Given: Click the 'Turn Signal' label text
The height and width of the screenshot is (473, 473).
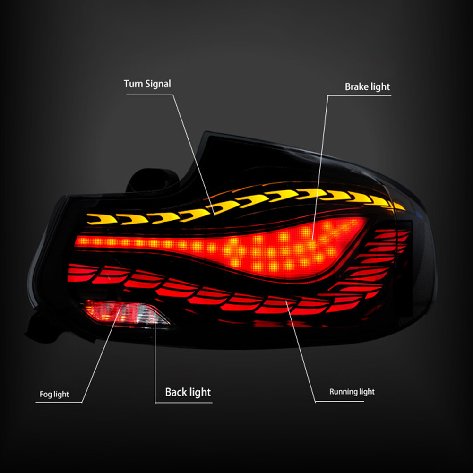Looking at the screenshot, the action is point(147,84).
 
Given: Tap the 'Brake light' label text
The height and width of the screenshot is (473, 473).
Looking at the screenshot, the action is point(367,87).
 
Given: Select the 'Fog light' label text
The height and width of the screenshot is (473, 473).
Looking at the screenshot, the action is point(54,394).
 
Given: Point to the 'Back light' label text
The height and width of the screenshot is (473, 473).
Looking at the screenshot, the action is point(188,392).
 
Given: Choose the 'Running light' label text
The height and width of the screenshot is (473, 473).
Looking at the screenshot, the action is point(352,392).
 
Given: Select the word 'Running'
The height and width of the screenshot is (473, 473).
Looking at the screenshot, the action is point(343,392).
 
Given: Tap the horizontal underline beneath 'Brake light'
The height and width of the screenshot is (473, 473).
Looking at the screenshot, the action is point(359,95).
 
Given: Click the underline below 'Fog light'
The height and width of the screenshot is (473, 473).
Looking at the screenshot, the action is point(59,403).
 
